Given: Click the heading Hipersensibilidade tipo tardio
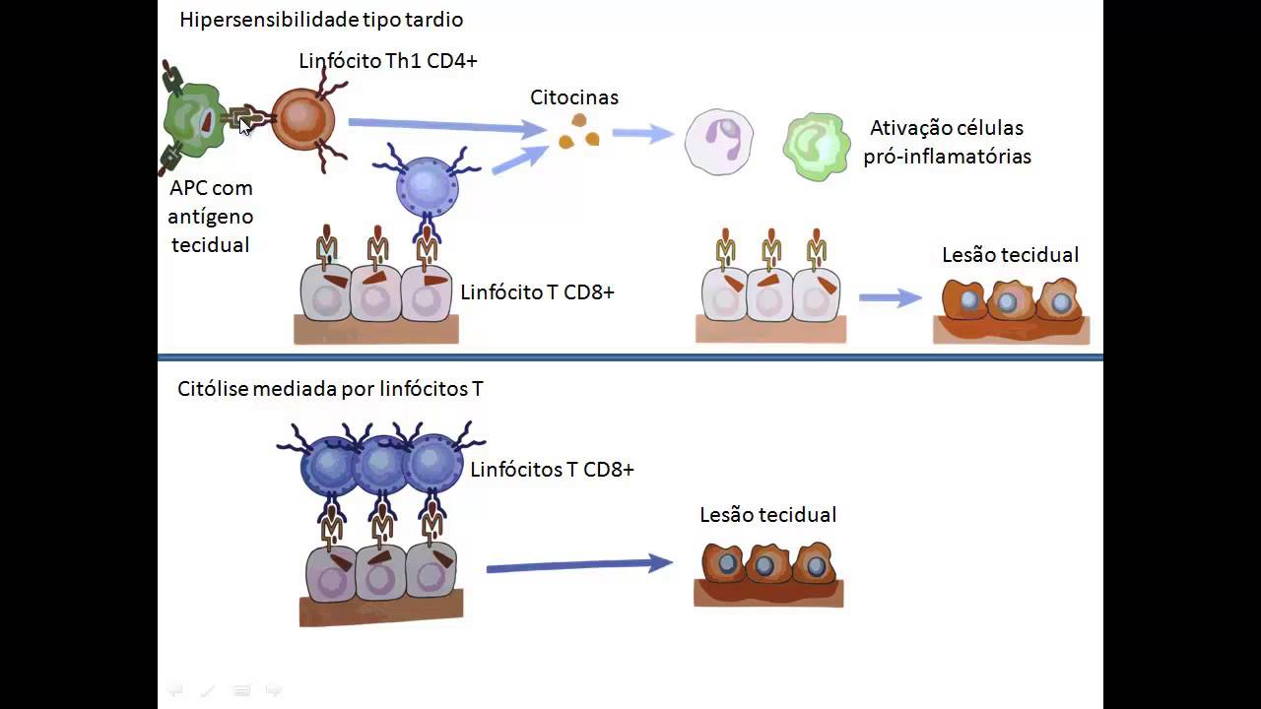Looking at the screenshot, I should coord(321,20).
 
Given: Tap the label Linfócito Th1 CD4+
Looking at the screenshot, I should coord(387,61).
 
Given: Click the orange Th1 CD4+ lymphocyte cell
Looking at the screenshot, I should coord(302,119).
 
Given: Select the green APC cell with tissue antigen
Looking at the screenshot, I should coord(196,120).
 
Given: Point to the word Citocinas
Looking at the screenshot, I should coord(574,97).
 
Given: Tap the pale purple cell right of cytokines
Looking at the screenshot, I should coord(719,142).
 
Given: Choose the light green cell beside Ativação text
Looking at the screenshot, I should coord(817,146).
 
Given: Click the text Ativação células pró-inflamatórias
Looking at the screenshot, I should coord(947,142).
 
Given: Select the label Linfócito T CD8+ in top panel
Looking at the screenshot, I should coord(537,292).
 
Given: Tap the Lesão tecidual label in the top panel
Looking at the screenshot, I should coord(1010,255).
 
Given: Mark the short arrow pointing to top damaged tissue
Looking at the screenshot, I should coord(890,297).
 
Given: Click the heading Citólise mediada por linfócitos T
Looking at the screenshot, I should coord(330,389).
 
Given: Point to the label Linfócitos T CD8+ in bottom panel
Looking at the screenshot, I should coord(552,470).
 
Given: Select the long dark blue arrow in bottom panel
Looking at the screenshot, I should coord(578,565).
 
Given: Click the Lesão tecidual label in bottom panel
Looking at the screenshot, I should coord(767,515).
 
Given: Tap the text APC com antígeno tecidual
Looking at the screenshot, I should coord(211,217).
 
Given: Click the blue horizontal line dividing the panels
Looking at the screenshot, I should coord(630,356).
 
